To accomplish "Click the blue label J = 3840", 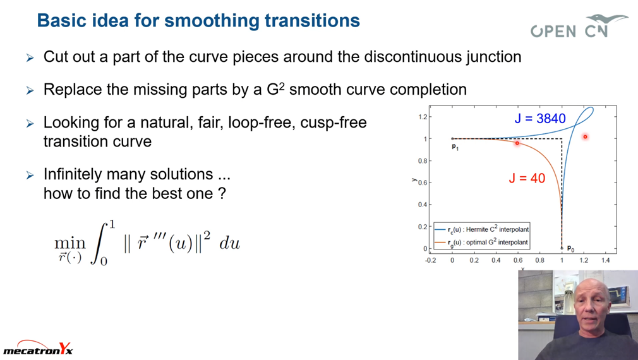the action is [x=540, y=118].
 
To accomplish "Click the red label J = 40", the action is [x=527, y=178].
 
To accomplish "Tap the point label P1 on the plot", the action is [x=455, y=147].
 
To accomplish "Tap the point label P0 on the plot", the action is [x=570, y=249].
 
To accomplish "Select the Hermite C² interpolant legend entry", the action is [x=482, y=229].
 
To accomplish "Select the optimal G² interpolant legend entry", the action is [x=481, y=243].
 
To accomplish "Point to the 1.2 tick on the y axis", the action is [x=423, y=117].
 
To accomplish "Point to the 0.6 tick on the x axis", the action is [x=518, y=260].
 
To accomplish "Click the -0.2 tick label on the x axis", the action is [x=430, y=260].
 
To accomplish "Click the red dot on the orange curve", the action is [x=517, y=143].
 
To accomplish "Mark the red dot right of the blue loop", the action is [x=585, y=136].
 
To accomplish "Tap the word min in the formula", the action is [x=70, y=243].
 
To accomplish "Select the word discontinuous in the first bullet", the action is [x=412, y=57].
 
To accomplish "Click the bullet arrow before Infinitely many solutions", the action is [x=30, y=176].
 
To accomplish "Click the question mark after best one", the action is [x=222, y=194].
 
